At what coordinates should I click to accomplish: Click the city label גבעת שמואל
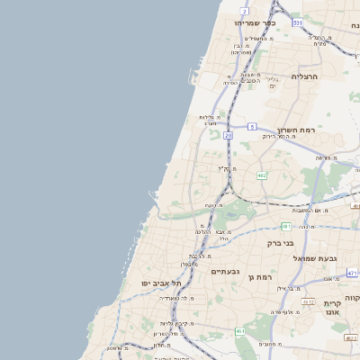click(x=315, y=258)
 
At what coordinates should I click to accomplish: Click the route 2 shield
click(x=245, y=10)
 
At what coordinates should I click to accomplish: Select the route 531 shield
click(x=298, y=22)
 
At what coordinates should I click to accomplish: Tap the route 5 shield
click(x=253, y=127)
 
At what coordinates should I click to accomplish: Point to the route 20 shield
click(x=229, y=135)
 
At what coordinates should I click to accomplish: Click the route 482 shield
click(x=261, y=175)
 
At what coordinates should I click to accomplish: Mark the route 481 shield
click(x=285, y=226)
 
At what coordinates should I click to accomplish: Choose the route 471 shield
click(x=353, y=271)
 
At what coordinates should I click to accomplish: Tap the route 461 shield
click(x=240, y=331)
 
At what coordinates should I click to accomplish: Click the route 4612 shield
click(x=308, y=302)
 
